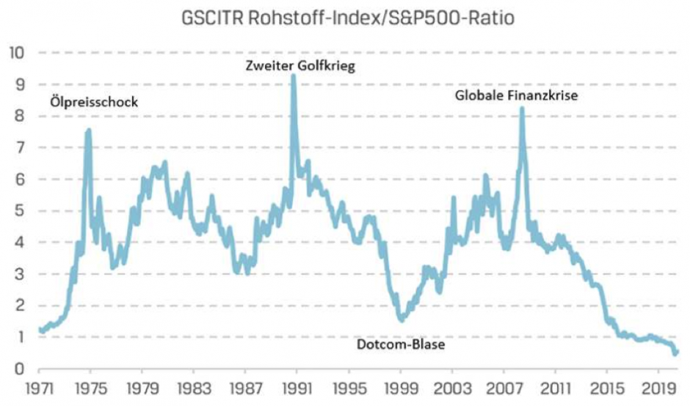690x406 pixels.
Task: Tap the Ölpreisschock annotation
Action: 95,102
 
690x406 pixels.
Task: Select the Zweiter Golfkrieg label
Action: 300,66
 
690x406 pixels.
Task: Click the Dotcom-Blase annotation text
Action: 401,344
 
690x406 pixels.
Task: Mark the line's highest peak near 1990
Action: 294,75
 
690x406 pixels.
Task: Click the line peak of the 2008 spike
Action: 522,108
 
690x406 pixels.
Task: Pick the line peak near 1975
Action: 89,130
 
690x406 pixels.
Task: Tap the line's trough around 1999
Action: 402,320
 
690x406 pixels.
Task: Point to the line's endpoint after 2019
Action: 676,353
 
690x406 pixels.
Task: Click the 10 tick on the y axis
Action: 17,53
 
